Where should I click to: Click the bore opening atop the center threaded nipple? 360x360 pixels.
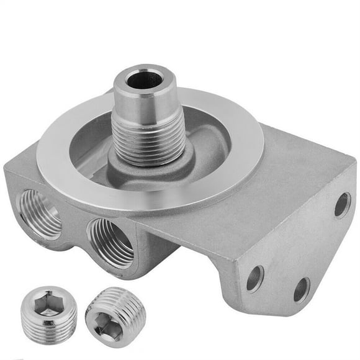(x=145, y=79)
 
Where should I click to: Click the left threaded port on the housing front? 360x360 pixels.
(x=41, y=214)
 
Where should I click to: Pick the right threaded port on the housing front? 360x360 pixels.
(x=110, y=243)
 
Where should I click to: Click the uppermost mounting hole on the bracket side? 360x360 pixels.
(x=342, y=204)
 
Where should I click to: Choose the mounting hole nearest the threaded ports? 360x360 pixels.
(x=254, y=278)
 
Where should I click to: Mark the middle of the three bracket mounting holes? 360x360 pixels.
(x=302, y=289)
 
